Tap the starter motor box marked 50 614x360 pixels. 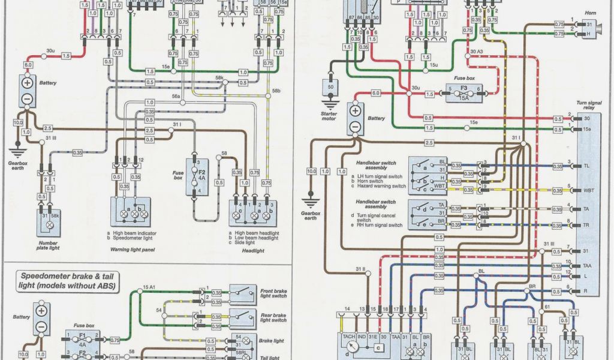(x=329, y=88)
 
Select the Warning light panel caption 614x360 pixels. (x=130, y=248)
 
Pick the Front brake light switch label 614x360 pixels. (x=273, y=293)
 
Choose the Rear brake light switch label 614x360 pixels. (x=273, y=317)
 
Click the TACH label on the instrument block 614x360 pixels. (x=348, y=337)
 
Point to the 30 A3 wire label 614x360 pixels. (x=476, y=52)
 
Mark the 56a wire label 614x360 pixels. (x=176, y=96)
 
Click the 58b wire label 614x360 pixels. (x=276, y=91)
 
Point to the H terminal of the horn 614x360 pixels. (x=588, y=34)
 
